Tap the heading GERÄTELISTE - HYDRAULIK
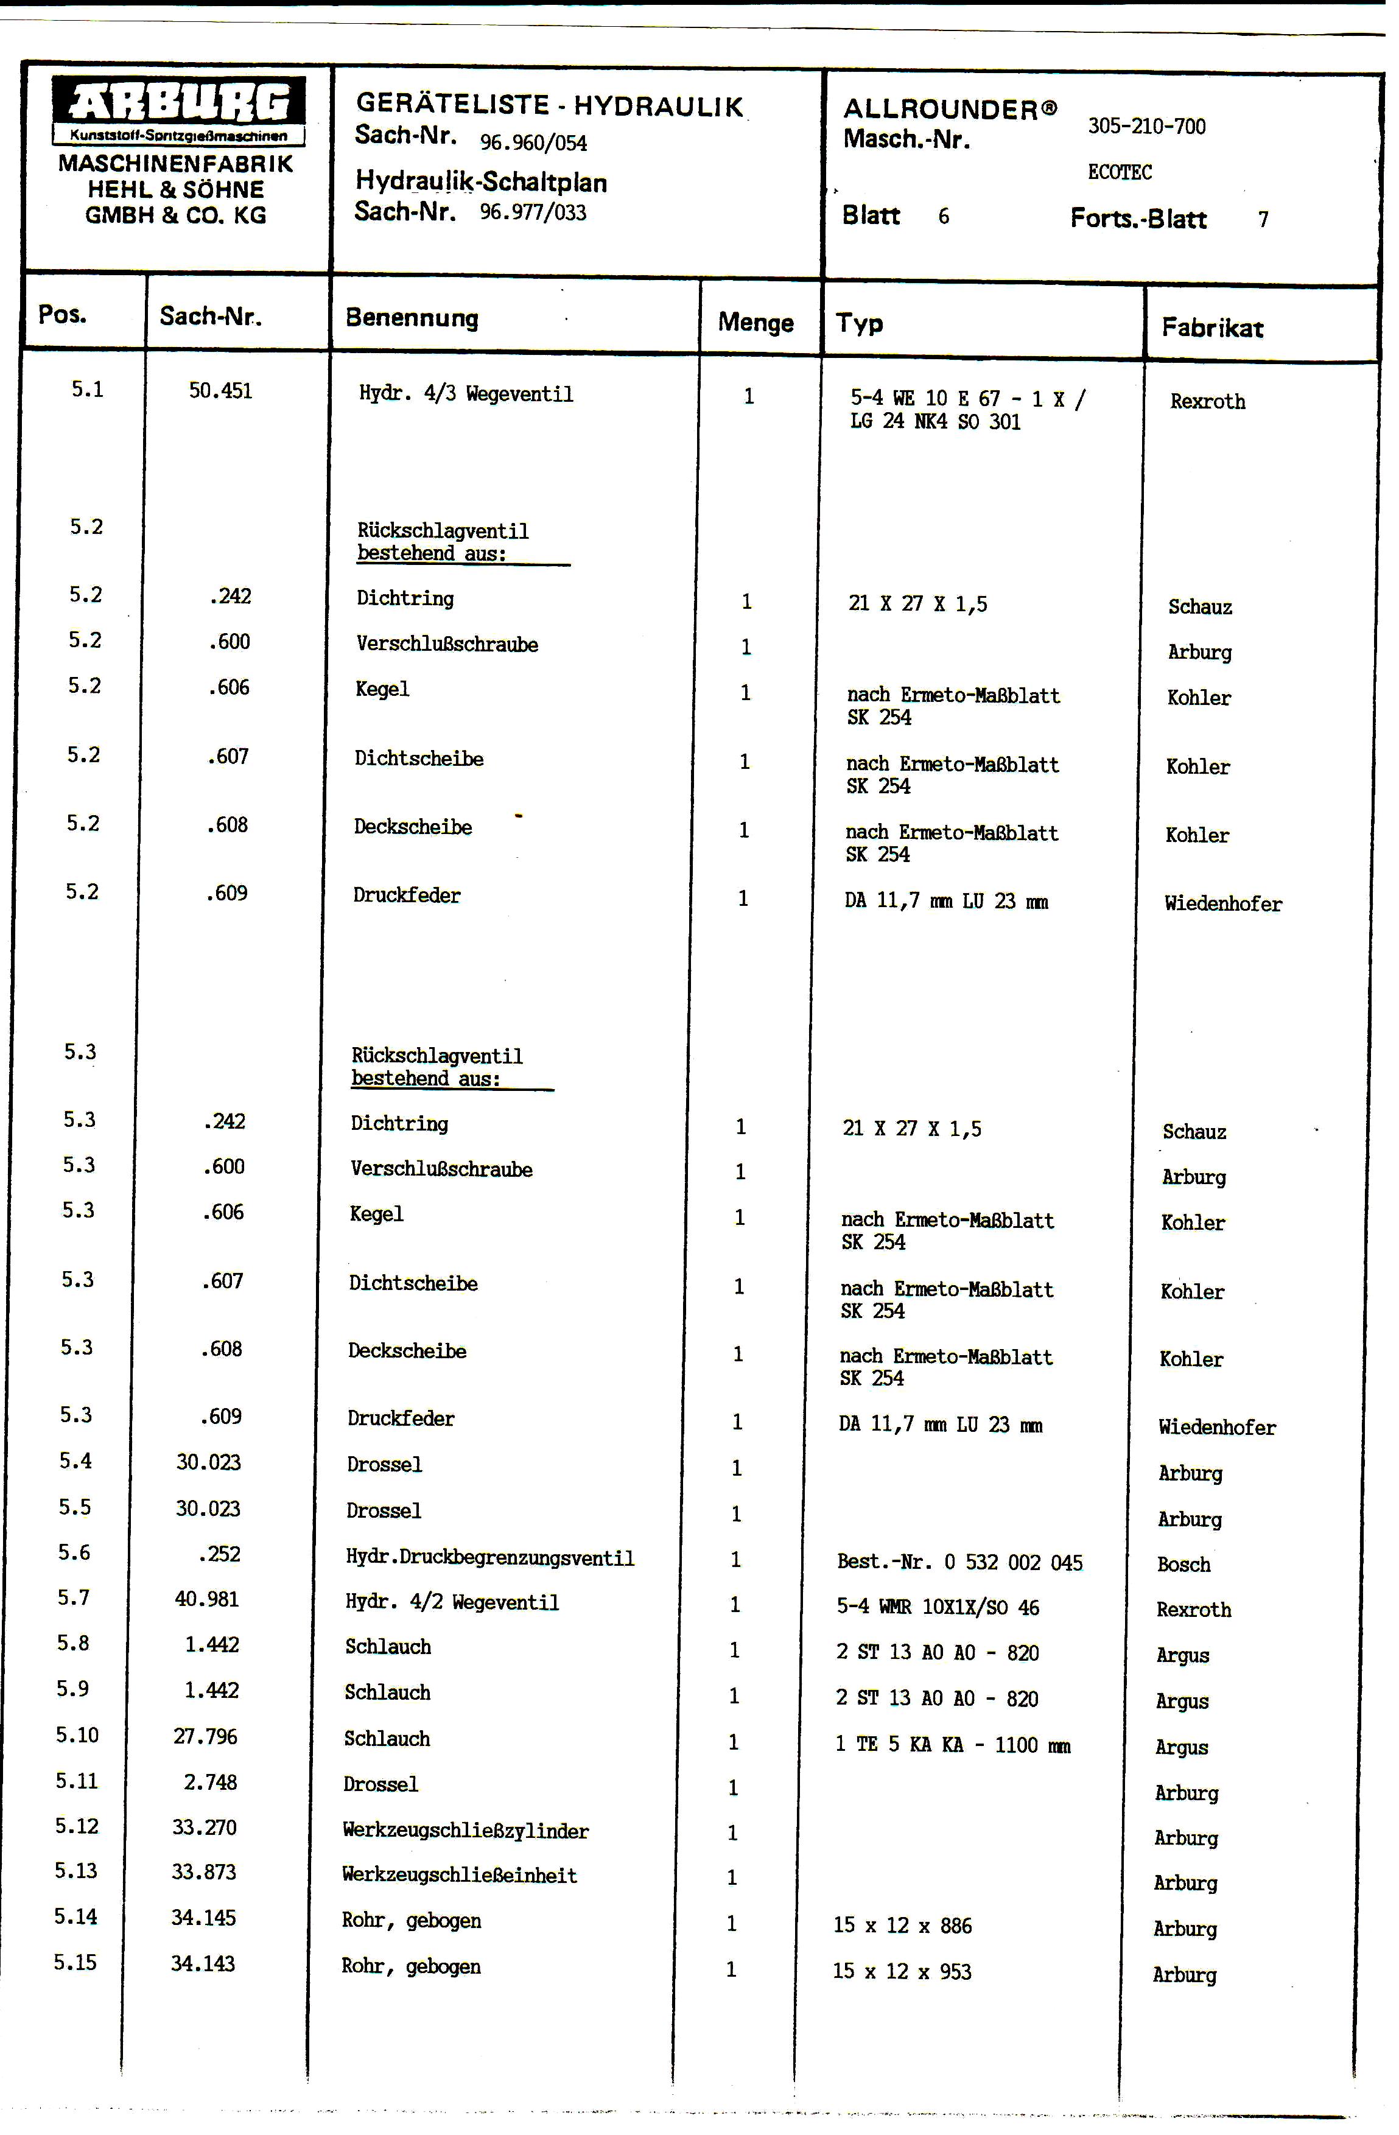click(549, 105)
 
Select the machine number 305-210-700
click(1146, 127)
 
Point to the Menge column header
click(755, 323)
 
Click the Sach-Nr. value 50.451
click(220, 391)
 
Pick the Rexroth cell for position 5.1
click(1207, 402)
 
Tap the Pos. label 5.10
click(77, 1735)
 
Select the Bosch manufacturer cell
click(1183, 1565)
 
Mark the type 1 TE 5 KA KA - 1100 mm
click(952, 1745)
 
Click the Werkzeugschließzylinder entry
click(466, 1831)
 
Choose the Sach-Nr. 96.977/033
click(533, 212)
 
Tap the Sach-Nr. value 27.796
click(205, 1737)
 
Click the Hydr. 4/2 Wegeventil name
click(452, 1602)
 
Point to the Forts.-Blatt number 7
click(1263, 220)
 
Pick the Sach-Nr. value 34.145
click(203, 1918)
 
